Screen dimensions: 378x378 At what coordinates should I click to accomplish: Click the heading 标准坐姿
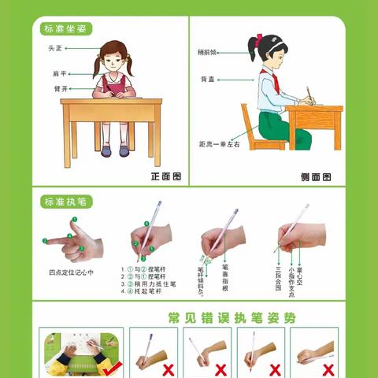[67, 29]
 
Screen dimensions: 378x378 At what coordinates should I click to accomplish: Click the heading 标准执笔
[67, 202]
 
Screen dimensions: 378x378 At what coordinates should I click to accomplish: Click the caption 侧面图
[316, 177]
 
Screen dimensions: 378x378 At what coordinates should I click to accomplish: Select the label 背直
[206, 79]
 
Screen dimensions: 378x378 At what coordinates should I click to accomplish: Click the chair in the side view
[252, 130]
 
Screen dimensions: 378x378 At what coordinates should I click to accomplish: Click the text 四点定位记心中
[72, 272]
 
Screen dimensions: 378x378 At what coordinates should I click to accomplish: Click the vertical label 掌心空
[303, 272]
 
